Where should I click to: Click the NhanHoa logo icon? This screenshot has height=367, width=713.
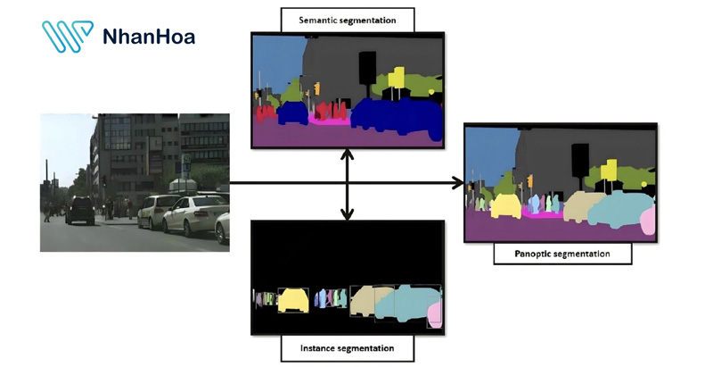click(68, 36)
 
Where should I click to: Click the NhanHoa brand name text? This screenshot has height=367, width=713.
click(148, 37)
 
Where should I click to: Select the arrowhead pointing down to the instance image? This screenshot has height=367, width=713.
click(347, 213)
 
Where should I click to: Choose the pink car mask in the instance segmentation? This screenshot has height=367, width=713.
click(435, 314)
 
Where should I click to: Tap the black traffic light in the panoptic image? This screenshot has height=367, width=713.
click(579, 159)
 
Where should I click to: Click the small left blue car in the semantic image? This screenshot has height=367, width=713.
click(291, 113)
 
